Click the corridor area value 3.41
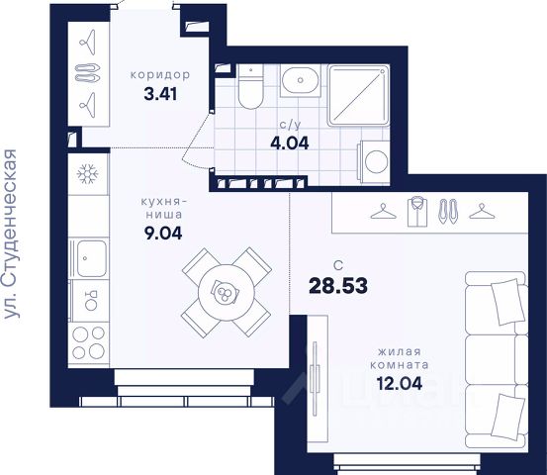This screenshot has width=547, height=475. point(160,94)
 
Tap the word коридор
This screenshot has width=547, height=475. point(160,74)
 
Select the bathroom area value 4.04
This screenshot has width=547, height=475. point(290,143)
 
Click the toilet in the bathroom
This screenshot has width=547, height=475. point(250,87)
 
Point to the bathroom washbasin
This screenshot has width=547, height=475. point(300,80)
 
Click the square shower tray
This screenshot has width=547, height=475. point(358,95)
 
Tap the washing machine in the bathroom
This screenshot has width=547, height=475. point(374,161)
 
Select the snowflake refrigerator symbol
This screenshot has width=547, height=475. point(88,174)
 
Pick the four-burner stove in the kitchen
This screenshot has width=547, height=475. point(89,342)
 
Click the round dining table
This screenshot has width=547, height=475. point(227,293)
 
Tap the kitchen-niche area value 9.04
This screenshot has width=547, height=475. point(163,234)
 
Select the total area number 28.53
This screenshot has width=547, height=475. point(338,285)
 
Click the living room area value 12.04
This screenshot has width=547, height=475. point(400,384)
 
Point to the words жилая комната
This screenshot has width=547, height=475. point(400,358)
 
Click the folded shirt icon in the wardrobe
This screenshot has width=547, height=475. point(417,212)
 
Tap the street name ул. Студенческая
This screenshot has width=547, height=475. point(10,234)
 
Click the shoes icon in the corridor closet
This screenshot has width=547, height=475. point(88,73)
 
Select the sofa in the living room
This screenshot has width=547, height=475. point(497,360)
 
